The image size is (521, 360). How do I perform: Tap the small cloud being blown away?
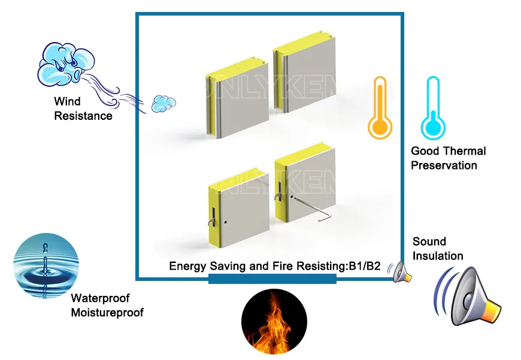[x=159, y=104]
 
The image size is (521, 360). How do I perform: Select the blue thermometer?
[x=432, y=108]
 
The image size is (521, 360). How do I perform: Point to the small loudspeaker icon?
[x=401, y=273]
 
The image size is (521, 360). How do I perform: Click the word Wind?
[x=67, y=102]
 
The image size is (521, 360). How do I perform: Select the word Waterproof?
[x=100, y=298]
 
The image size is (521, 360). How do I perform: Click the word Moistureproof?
[x=107, y=312]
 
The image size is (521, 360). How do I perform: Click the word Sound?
[x=429, y=241]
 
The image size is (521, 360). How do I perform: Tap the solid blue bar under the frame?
[x=272, y=280]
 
